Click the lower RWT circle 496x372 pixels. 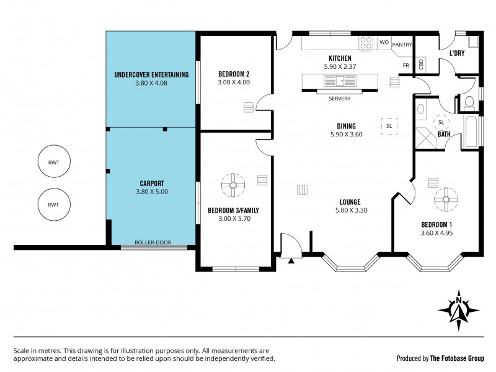click(53, 205)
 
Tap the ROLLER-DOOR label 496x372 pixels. click(153, 242)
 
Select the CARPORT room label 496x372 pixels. click(152, 183)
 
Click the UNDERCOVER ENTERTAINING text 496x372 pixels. click(151, 75)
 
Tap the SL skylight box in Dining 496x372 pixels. click(389, 125)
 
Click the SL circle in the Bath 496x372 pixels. click(443, 122)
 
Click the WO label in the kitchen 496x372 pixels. click(383, 43)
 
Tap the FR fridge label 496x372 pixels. click(406, 65)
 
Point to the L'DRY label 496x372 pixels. click(457, 53)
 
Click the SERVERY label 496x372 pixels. click(339, 98)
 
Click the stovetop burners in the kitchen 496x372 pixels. click(366, 43)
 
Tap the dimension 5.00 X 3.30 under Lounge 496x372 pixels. click(350, 210)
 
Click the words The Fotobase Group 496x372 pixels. click(458, 358)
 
